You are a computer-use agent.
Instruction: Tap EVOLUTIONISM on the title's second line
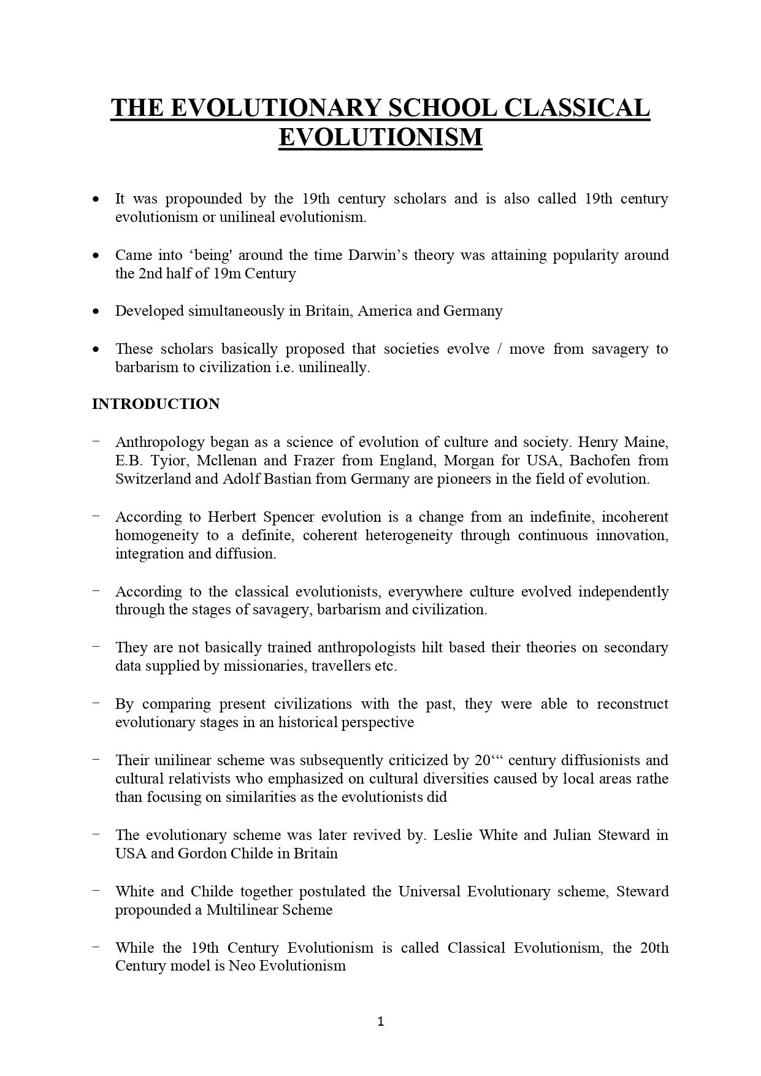click(x=380, y=137)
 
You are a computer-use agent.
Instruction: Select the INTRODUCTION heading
click(x=156, y=404)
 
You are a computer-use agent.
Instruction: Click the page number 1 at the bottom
click(x=380, y=1021)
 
